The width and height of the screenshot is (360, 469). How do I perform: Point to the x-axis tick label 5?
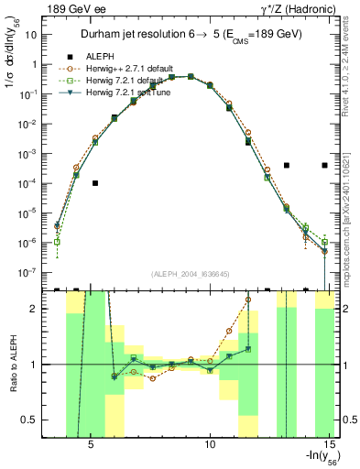click(91, 445)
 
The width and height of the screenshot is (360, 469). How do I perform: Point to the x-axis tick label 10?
click(210, 445)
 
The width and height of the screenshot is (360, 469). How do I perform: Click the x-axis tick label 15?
click(329, 445)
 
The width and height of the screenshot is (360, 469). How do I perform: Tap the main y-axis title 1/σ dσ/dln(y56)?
click(13, 64)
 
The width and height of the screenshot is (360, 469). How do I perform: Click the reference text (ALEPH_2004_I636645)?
click(190, 275)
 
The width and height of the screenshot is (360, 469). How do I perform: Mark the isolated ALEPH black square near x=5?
click(95, 183)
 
